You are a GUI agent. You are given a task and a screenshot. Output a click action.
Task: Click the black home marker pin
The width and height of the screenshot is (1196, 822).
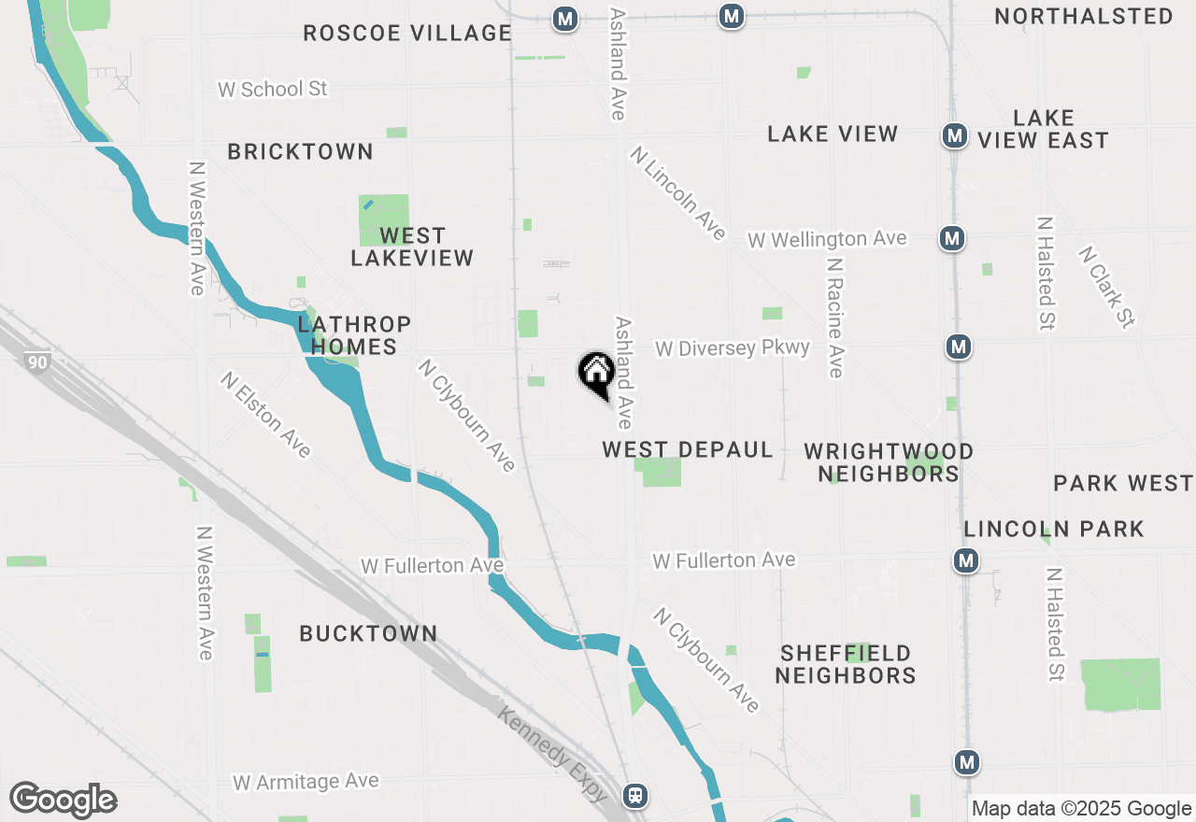click(x=596, y=374)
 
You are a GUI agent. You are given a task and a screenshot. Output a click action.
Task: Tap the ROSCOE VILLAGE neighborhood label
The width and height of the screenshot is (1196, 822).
click(x=407, y=34)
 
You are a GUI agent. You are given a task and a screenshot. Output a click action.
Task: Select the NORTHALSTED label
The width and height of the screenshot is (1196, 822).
click(x=1084, y=17)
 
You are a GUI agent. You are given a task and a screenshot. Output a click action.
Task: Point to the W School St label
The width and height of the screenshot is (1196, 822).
click(x=273, y=90)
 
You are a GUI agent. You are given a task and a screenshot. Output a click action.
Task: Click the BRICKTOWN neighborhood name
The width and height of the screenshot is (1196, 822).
click(x=300, y=151)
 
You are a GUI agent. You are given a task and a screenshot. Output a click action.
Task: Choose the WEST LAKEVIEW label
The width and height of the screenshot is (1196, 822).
click(x=412, y=247)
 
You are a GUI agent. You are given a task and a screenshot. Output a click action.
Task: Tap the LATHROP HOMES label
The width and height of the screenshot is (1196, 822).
click(x=354, y=335)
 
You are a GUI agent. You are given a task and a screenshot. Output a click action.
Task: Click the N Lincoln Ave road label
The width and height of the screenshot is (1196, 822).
click(x=678, y=193)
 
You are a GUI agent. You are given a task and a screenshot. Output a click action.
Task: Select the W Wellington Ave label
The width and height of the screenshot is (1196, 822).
click(x=827, y=239)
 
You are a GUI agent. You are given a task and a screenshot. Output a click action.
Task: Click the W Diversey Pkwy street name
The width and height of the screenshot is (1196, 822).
click(x=733, y=348)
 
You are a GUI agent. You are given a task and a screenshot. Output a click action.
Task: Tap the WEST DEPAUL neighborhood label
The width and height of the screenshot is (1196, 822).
click(x=688, y=450)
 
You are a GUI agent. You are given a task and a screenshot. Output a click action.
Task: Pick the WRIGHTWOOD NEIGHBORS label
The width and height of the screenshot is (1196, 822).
click(x=889, y=462)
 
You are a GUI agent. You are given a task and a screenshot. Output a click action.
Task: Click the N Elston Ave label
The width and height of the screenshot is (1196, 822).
click(x=265, y=415)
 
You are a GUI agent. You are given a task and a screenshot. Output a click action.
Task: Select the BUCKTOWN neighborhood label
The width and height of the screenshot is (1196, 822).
click(x=368, y=633)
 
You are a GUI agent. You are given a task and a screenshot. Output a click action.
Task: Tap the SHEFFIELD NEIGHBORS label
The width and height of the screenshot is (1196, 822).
click(x=846, y=664)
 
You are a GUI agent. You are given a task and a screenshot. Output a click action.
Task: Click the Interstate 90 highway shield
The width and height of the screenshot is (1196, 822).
click(x=37, y=361)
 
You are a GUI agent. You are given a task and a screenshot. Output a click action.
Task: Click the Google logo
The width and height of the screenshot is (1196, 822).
click(x=63, y=801)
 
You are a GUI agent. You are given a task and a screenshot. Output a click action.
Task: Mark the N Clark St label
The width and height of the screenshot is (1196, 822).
click(x=1106, y=288)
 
